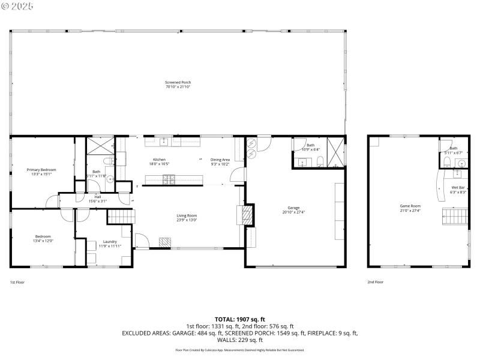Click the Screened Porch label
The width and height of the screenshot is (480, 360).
[x=178, y=82]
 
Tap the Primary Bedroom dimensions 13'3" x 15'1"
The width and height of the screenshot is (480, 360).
[x=41, y=174]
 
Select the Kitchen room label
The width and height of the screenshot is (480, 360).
[x=159, y=160]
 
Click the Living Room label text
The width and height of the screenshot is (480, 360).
[x=187, y=215]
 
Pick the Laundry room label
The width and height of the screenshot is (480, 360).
[x=110, y=241]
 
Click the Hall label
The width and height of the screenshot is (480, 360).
[x=97, y=196]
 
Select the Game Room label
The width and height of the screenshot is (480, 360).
[x=410, y=206]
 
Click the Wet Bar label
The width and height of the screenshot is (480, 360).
[x=458, y=188]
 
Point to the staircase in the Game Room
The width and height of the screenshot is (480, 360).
[x=454, y=216]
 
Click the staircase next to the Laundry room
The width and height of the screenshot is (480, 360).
[x=124, y=217]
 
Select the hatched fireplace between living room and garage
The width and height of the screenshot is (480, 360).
[x=246, y=214]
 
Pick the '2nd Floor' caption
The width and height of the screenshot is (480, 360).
[x=376, y=281]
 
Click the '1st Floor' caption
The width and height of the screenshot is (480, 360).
[x=17, y=281]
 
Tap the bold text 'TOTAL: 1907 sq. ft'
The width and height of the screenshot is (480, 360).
[x=240, y=319]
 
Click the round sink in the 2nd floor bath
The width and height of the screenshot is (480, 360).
[x=462, y=163]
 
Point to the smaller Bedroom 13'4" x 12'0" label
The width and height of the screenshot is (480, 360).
[x=43, y=236]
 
